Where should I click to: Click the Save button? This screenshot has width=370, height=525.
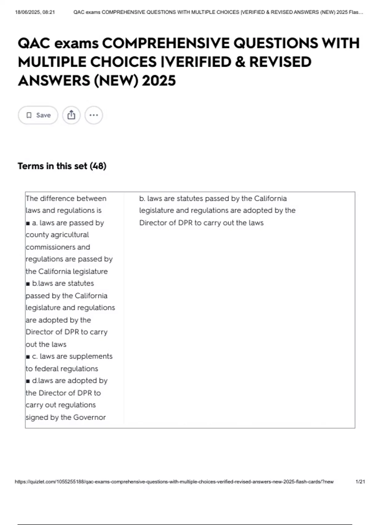(38, 115)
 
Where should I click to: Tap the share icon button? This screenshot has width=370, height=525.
(71, 115)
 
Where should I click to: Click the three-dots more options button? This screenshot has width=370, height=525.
(93, 115)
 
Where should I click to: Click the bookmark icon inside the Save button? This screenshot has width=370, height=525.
(29, 115)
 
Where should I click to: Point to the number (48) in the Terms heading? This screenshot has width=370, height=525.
(98, 166)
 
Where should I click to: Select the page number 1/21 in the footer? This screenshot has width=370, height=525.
(360, 482)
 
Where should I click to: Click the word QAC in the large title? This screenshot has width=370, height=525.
(34, 43)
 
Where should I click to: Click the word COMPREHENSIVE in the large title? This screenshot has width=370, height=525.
(166, 43)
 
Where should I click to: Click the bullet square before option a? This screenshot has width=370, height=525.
(28, 223)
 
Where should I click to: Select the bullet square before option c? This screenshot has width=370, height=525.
(28, 357)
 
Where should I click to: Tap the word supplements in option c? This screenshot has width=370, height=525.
(91, 356)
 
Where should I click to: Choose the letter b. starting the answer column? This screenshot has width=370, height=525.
(142, 199)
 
